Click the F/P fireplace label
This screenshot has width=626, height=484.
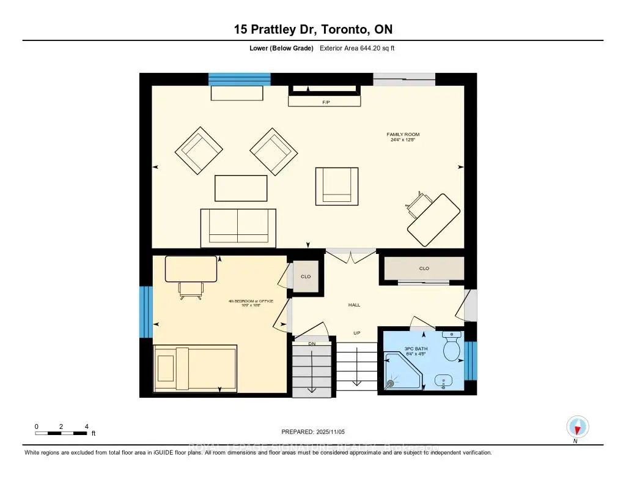(325, 103)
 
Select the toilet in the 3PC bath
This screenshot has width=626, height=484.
(452, 349)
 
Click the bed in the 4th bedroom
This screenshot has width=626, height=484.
(194, 368)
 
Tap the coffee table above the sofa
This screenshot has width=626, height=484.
(241, 188)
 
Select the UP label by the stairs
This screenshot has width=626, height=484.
(357, 333)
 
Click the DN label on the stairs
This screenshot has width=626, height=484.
(311, 343)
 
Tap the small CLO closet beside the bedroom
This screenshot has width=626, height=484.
(306, 277)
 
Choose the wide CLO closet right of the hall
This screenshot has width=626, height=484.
(424, 269)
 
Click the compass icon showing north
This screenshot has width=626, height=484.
(577, 426)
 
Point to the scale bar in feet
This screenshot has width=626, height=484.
(61, 433)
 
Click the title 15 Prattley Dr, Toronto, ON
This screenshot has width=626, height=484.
(312, 29)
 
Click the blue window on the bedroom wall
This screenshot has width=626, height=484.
(145, 312)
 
